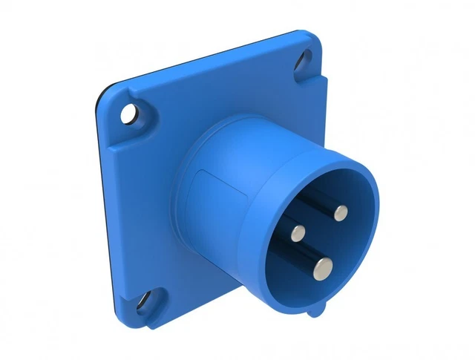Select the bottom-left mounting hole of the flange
140,302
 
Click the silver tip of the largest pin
323,265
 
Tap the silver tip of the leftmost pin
297,233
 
